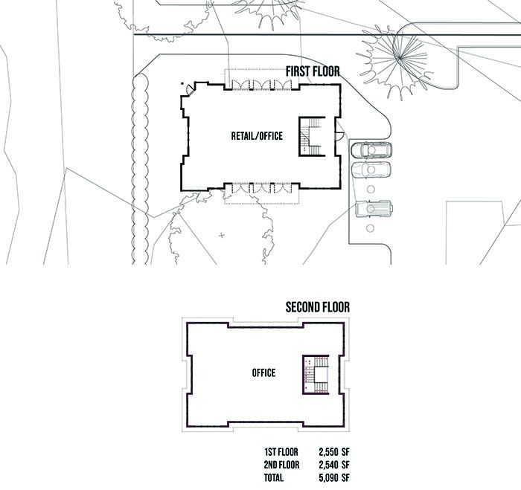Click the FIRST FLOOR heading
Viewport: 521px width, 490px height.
tap(313, 72)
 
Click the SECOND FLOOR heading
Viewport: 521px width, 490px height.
tap(318, 306)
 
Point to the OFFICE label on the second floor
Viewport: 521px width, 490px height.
tap(263, 373)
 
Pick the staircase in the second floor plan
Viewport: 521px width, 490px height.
tap(316, 373)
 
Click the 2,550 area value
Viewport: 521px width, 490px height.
tap(333, 452)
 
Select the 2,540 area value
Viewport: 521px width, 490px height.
tap(333, 465)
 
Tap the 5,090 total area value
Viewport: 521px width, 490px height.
tap(333, 477)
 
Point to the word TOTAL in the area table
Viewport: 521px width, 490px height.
tap(275, 477)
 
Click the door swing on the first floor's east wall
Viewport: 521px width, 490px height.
tap(339, 135)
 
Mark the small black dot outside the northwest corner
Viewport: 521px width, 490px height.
tap(182, 83)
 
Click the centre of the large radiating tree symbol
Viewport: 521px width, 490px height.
tap(400, 57)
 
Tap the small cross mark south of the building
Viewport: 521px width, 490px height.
tap(221, 236)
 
